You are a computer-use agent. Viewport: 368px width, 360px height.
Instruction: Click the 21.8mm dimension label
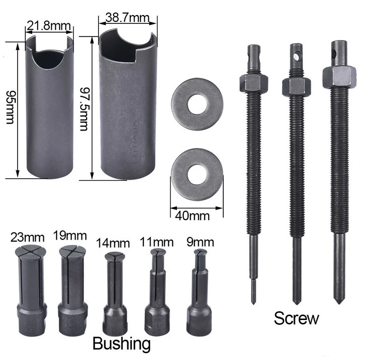tap(49, 25)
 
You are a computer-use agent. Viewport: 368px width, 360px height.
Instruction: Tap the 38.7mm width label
tap(127, 18)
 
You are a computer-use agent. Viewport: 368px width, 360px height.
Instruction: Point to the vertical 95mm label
tap(10, 107)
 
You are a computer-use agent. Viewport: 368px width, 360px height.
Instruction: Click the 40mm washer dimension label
tap(192, 215)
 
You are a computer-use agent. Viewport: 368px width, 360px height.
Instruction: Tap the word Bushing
tap(121, 344)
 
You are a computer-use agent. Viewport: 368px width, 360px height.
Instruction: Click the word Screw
tap(296, 318)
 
